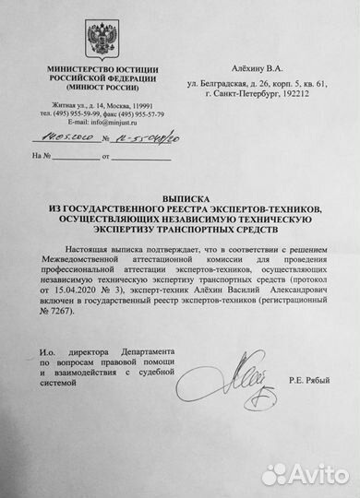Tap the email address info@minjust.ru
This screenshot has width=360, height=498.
(99, 120)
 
